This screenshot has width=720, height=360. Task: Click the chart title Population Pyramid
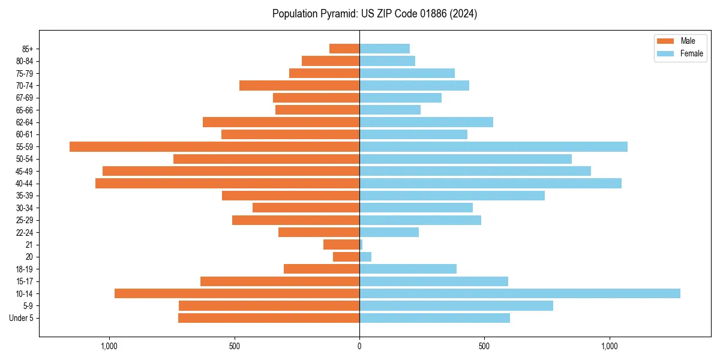point(374,14)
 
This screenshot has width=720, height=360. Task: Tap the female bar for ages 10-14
point(520,293)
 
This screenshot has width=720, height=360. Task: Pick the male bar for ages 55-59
point(214,146)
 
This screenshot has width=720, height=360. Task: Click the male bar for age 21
point(341,244)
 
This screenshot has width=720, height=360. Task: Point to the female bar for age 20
point(365,257)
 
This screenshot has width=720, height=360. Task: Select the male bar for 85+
point(344,49)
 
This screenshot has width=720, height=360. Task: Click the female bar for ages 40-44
point(490,183)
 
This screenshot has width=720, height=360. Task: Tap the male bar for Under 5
point(269,318)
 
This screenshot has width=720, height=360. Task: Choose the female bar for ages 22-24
point(389,232)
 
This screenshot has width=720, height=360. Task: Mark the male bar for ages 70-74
point(299,85)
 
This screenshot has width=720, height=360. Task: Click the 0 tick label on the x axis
point(359,346)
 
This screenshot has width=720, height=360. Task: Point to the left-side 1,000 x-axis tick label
point(109,346)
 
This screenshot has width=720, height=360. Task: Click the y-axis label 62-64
point(25,122)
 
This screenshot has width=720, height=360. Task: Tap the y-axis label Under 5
point(22,318)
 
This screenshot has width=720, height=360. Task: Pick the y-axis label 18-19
point(25,269)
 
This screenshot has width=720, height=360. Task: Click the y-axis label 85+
point(28,49)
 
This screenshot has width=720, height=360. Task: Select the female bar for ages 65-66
point(390,110)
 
